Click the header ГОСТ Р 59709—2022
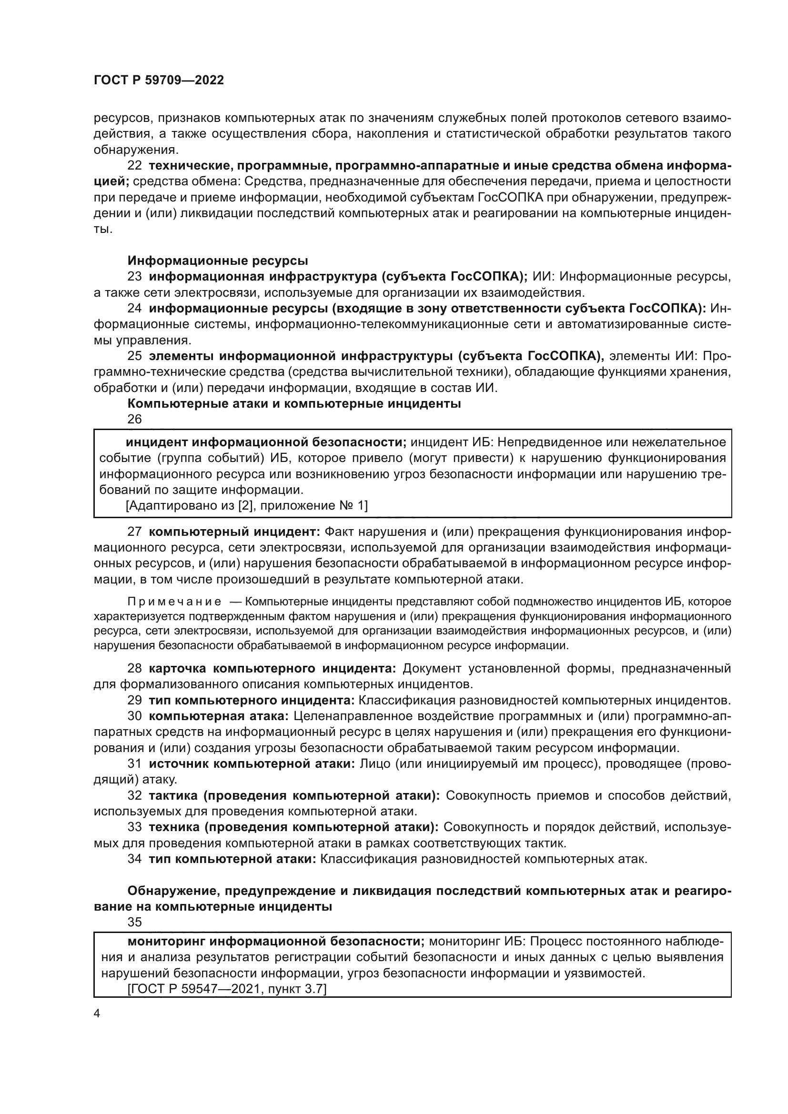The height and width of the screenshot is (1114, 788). [x=159, y=80]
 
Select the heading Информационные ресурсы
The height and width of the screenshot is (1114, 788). [x=217, y=261]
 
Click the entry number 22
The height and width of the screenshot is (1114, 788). [x=134, y=165]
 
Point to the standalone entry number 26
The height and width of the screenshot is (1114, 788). [x=134, y=419]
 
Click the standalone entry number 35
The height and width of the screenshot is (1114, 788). [x=134, y=923]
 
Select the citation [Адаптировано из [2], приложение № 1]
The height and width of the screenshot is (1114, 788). [x=246, y=506]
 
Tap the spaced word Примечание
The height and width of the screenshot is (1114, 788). [x=174, y=602]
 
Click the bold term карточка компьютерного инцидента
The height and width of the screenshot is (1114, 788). [x=272, y=669]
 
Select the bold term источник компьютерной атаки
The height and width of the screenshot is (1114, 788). [x=252, y=763]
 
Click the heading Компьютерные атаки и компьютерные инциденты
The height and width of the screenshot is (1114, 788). [x=293, y=403]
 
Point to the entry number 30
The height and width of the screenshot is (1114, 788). [x=134, y=716]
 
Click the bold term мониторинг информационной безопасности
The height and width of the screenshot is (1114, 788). [x=275, y=941]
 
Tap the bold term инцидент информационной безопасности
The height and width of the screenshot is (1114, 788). [x=266, y=442]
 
